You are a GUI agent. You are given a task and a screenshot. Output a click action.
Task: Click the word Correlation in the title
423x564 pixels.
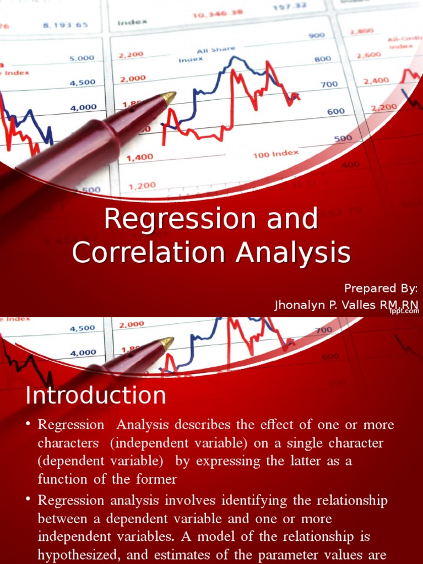point(148,253)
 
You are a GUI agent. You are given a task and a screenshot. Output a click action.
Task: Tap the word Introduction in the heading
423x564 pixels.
point(96,395)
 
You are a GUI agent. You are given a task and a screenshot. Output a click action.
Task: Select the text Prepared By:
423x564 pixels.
point(381,288)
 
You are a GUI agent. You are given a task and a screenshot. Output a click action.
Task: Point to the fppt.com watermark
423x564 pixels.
point(405,311)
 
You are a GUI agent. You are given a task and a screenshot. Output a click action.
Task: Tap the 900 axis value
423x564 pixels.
point(316,35)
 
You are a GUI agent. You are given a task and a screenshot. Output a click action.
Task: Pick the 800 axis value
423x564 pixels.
point(322,59)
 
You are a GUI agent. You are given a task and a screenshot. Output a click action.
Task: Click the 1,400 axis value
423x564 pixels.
point(140,158)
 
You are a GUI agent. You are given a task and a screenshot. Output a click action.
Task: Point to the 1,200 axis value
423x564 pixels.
point(142,187)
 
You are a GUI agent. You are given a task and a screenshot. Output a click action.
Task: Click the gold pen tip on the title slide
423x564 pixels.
point(169,98)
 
